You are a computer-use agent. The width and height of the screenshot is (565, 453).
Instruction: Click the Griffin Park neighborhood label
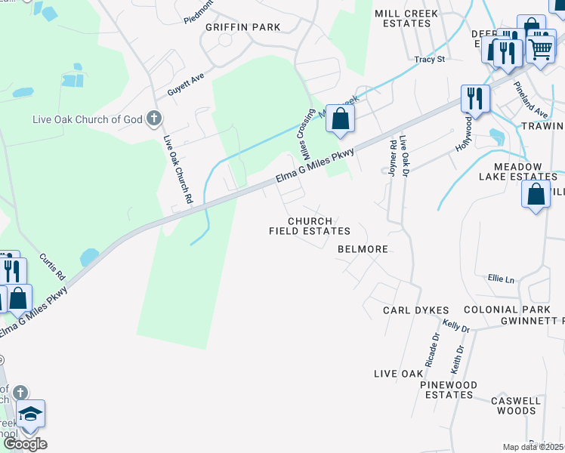pos(242,27)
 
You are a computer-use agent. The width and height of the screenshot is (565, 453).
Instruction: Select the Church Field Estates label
pos(310,226)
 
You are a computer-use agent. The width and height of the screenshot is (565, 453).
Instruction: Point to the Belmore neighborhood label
pos(363,249)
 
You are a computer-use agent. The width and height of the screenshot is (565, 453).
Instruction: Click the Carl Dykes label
pos(415,310)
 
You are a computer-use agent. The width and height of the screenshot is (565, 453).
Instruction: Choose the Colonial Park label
pos(508,310)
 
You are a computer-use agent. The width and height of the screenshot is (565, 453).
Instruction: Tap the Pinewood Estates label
pos(449,390)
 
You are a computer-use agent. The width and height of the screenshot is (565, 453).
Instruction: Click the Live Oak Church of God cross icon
pos(154,119)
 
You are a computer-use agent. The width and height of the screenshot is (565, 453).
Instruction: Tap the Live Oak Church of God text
pos(87,119)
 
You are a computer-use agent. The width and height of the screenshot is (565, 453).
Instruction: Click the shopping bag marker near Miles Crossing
pos(341,119)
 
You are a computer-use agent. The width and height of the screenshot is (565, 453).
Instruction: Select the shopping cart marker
pos(540,48)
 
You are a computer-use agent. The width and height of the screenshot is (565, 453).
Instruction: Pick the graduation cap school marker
pos(30,414)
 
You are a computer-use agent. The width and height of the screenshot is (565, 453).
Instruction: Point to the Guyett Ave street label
pos(187,83)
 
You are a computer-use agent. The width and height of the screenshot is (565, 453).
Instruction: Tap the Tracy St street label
pos(430,59)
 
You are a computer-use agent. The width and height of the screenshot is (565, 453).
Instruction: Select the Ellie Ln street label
pos(500,279)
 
